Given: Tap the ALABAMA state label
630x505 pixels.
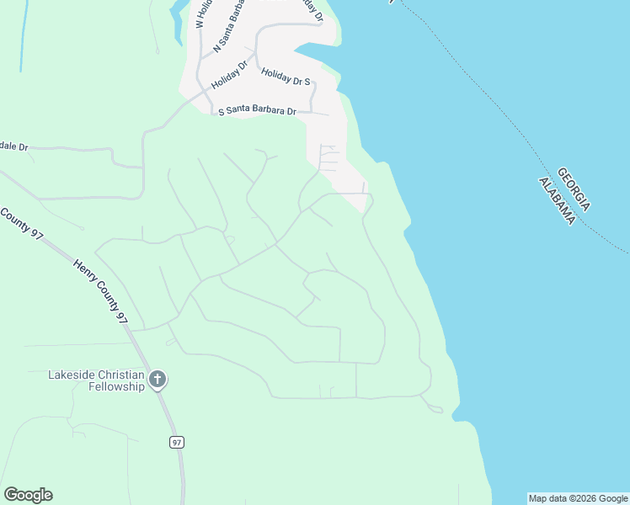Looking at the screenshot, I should click(558, 197).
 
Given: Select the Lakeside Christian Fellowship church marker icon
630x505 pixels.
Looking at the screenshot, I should click(157, 380).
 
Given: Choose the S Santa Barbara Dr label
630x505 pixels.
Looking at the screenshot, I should click(258, 111).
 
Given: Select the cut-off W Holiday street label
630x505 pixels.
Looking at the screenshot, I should click(200, 15).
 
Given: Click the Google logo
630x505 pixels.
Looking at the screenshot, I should click(28, 495).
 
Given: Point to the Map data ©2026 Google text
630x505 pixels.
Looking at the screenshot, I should click(578, 498).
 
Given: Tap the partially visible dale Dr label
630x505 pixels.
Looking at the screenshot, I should click(14, 146).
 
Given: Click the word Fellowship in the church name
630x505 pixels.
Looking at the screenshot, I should click(117, 387).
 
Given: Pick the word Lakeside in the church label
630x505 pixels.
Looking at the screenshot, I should click(72, 375).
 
